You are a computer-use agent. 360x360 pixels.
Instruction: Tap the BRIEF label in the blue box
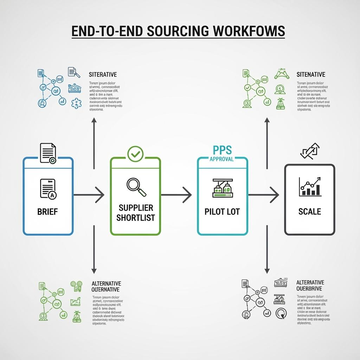[x=47, y=212]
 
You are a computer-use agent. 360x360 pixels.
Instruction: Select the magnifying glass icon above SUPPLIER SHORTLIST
[x=136, y=187]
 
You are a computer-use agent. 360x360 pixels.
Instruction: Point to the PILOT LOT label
[x=223, y=212]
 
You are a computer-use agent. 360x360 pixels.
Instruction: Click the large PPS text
[x=223, y=150]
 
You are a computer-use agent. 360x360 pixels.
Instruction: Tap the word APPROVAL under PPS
[x=221, y=159]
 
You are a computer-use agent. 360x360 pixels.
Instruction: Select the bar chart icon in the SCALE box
[x=310, y=187]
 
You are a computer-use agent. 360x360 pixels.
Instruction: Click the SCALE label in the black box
[x=309, y=211]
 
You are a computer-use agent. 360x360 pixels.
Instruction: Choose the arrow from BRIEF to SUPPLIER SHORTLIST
[x=90, y=194]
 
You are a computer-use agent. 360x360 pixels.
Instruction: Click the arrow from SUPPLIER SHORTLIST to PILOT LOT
[x=176, y=194]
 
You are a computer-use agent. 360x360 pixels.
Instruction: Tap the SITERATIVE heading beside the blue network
[x=103, y=75]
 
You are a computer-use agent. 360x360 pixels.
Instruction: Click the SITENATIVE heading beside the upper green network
[x=311, y=75]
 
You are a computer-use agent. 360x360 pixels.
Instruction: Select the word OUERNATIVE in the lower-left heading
[x=105, y=290]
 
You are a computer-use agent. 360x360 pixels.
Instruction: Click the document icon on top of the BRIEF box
[x=48, y=153]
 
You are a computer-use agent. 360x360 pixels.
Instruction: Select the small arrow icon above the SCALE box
[x=309, y=151]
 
